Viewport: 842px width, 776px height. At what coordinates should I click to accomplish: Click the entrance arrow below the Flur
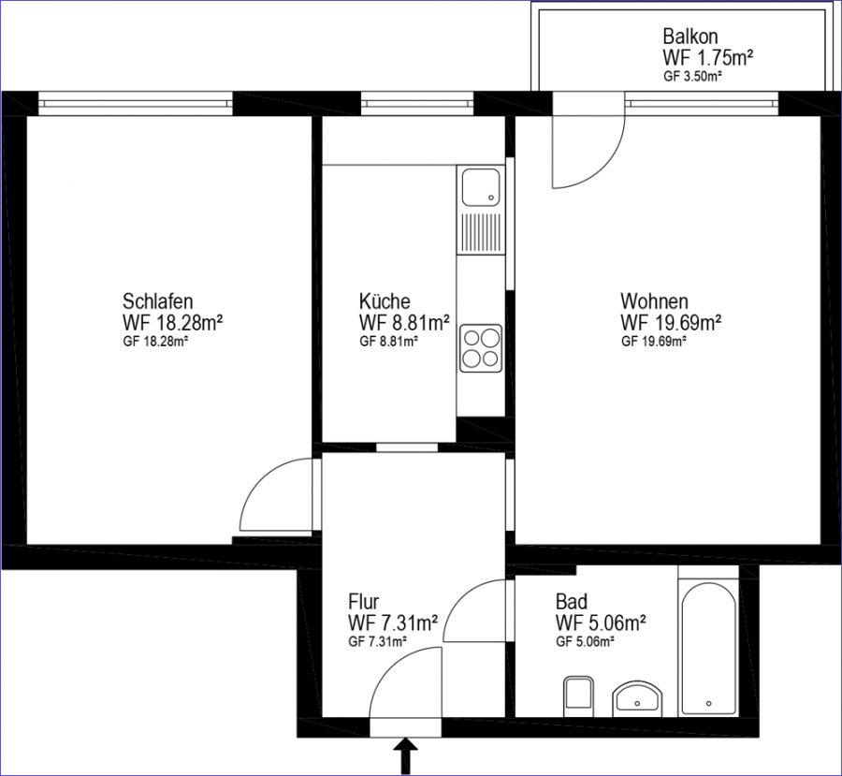[407, 756]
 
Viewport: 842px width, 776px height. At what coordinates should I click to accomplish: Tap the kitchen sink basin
[481, 187]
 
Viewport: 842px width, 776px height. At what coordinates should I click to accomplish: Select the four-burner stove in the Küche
[481, 347]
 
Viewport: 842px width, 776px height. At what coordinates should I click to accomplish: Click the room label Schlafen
[157, 300]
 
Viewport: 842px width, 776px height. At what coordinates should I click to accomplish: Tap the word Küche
[385, 300]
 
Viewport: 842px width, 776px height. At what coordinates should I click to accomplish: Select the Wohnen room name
[654, 300]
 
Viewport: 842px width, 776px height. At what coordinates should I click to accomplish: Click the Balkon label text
[690, 37]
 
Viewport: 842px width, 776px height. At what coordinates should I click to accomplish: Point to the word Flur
[364, 600]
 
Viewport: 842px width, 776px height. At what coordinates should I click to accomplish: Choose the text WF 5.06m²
[601, 622]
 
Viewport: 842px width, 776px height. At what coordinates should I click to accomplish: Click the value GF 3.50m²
[692, 76]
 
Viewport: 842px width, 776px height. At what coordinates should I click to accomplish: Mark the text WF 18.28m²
[173, 323]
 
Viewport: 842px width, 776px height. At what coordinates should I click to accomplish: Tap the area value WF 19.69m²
[671, 323]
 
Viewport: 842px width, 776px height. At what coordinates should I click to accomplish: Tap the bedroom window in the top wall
[136, 103]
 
